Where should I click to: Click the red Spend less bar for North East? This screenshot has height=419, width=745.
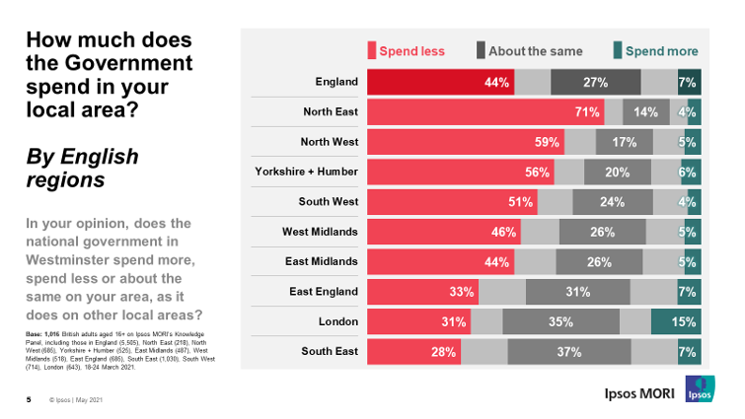tap(484, 112)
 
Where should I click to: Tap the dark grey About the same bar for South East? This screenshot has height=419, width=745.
tap(569, 352)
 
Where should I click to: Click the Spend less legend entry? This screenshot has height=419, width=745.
tap(407, 51)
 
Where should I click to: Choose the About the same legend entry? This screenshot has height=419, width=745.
tap(529, 51)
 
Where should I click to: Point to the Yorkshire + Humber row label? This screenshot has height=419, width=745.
tap(306, 172)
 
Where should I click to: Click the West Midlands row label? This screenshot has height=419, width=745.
tap(320, 232)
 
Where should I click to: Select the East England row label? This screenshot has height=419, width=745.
tap(323, 292)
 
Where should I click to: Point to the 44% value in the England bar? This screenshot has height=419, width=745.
tap(496, 82)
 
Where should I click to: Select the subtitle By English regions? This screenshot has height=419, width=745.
tap(82, 169)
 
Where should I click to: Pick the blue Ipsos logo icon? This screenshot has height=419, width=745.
tap(701, 388)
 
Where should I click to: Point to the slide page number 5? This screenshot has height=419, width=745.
tap(29, 399)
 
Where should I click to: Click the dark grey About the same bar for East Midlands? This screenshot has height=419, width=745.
tap(598, 262)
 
